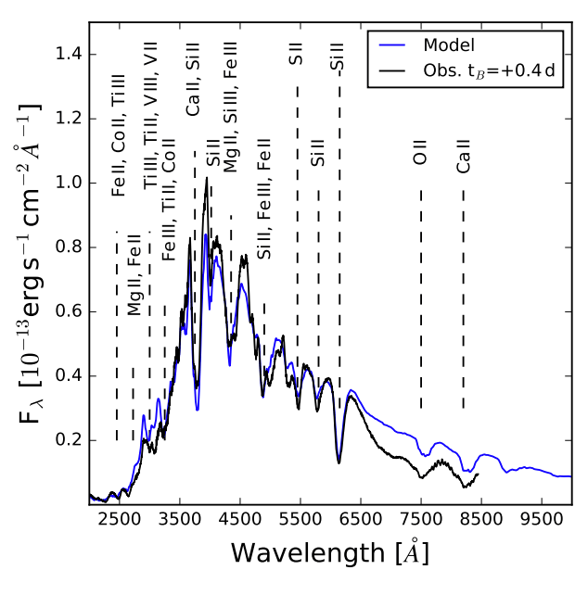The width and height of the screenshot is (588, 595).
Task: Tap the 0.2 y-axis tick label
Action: (x=68, y=440)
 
